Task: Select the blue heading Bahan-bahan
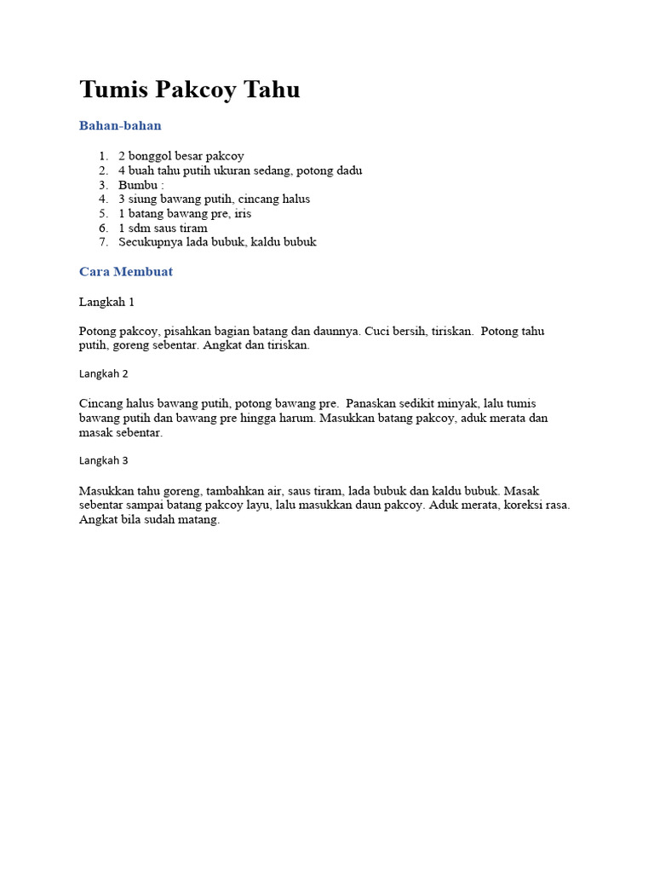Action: pos(120,125)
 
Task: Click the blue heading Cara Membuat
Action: pos(126,272)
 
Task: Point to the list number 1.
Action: pos(102,156)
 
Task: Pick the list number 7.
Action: pos(102,242)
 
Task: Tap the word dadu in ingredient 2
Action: pos(347,171)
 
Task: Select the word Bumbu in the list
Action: pos(137,185)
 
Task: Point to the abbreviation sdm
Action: pos(141,228)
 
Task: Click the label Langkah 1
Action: pos(106,302)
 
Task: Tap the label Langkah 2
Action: pos(103,373)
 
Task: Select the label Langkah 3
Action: pos(103,460)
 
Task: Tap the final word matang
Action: pos(199,519)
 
